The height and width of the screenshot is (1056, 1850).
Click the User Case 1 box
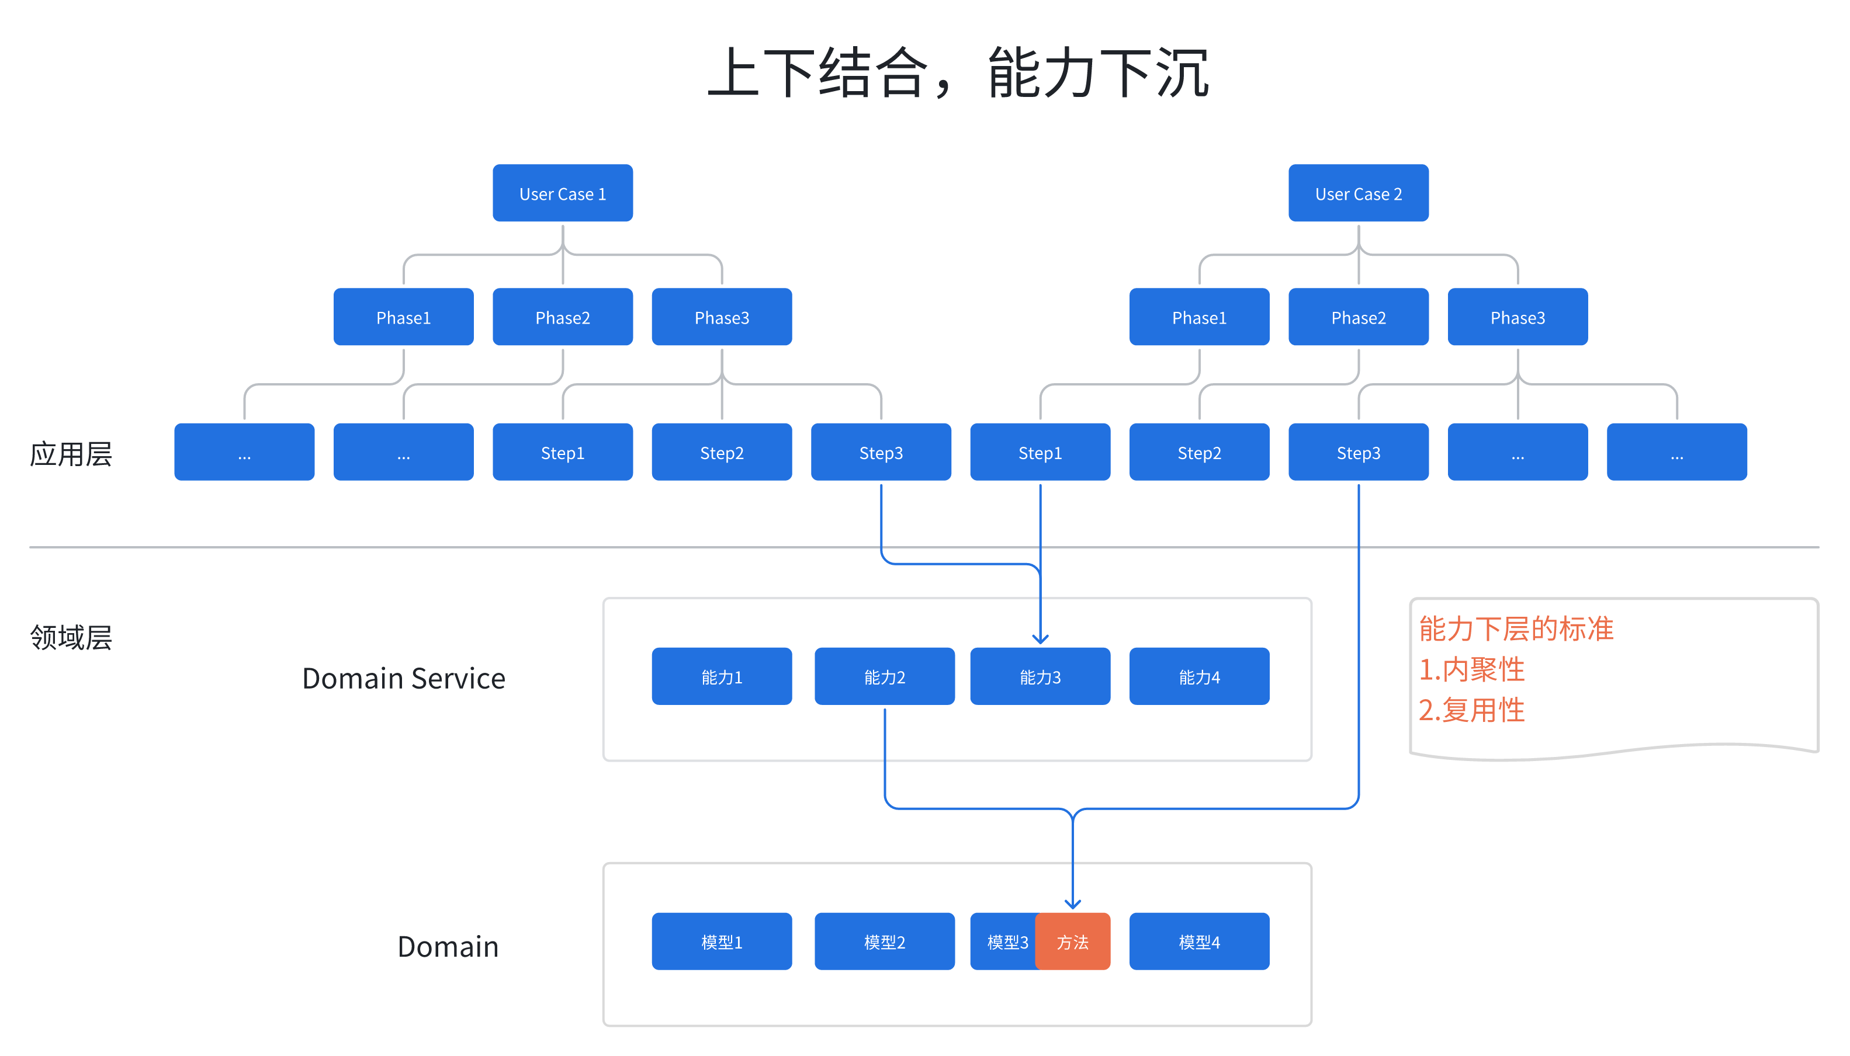pos(562,193)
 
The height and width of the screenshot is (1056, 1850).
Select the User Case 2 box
pos(1358,193)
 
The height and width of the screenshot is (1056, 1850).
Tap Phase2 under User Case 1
pos(562,317)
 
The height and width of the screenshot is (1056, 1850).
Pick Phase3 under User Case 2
pos(1517,317)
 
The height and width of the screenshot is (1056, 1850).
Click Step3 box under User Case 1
pos(881,452)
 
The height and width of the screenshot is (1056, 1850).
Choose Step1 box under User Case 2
pos(1040,452)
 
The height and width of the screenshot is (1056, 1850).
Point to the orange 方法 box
pos(1072,942)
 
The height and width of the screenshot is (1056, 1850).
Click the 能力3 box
pos(1040,676)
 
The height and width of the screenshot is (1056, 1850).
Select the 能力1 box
pos(721,676)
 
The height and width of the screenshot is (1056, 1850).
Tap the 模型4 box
pos(1199,942)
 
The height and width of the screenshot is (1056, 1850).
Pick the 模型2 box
pos(884,942)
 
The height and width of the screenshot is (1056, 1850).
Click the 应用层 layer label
pos(70,454)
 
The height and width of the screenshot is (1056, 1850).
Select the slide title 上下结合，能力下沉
pos(958,72)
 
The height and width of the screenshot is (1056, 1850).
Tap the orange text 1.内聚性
pos(1471,669)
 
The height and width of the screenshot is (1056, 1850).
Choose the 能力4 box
pos(1199,676)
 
